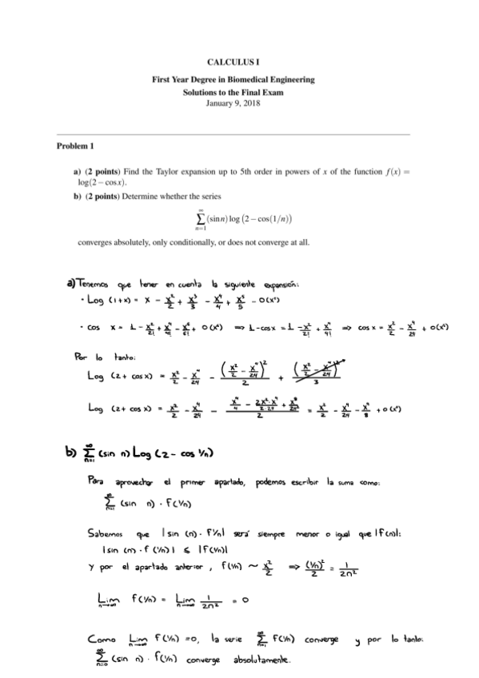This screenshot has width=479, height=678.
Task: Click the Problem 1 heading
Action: tap(75, 146)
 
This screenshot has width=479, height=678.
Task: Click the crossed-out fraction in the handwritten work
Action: tap(324, 374)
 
